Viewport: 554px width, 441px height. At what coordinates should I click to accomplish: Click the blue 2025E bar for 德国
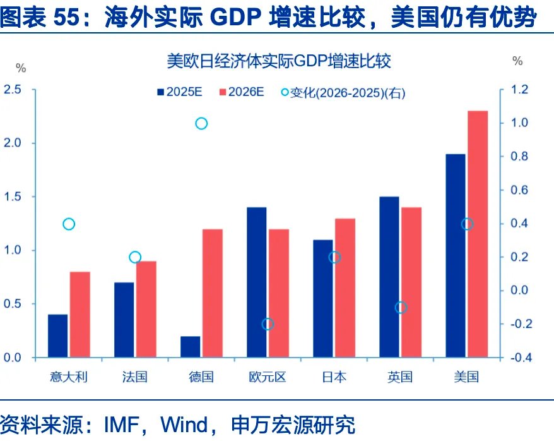(190, 347)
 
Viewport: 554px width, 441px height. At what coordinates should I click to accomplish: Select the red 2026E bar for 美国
(478, 234)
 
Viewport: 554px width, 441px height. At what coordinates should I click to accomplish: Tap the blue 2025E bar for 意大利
(57, 335)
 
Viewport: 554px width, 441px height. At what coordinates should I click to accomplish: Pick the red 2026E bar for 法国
(146, 309)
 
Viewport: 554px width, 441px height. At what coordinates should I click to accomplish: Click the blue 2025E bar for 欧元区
(256, 282)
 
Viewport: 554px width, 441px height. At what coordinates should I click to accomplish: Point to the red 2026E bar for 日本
(345, 287)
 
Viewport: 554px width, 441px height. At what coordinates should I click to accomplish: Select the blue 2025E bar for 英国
(389, 277)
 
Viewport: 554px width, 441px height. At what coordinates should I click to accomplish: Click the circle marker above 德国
(201, 123)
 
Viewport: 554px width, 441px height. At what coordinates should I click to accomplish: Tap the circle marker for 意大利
(69, 224)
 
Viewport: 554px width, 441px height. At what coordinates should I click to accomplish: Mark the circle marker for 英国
(401, 308)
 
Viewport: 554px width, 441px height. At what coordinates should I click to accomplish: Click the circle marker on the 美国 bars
(467, 224)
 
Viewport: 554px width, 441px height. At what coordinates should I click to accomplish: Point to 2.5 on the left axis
(13, 90)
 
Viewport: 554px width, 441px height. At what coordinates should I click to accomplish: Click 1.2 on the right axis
(519, 90)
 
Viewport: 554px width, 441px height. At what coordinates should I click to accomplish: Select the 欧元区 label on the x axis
(268, 377)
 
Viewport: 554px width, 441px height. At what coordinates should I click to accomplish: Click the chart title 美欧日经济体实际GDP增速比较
(278, 61)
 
